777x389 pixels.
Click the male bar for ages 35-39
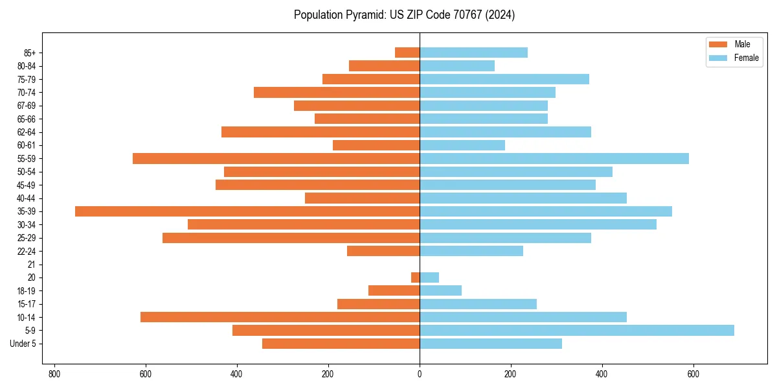(x=247, y=211)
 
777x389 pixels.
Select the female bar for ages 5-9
(x=577, y=331)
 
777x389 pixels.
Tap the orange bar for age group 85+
(x=407, y=53)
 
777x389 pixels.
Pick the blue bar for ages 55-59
(x=554, y=159)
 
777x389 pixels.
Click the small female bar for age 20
(x=429, y=277)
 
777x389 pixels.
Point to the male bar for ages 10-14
(x=280, y=317)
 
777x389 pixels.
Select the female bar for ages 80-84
(x=457, y=66)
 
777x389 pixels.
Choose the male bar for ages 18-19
(x=394, y=290)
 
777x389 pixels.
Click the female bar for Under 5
(x=491, y=344)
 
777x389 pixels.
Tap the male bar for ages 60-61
(x=376, y=145)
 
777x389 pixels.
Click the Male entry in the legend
(x=742, y=44)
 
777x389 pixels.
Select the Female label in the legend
(x=746, y=58)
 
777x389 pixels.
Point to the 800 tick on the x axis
(x=54, y=374)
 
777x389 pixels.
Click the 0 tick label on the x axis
(x=420, y=374)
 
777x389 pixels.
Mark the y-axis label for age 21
(x=31, y=265)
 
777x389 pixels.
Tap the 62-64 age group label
(x=27, y=132)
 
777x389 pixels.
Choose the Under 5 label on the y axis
(x=23, y=344)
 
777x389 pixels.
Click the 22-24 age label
(x=27, y=251)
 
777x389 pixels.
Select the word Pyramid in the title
(x=363, y=15)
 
